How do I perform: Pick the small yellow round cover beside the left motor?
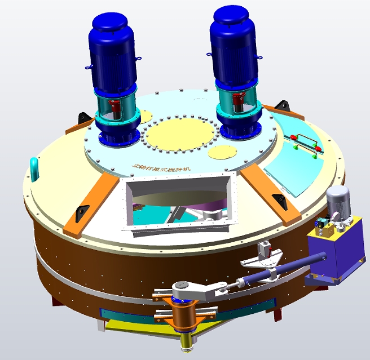(145, 116)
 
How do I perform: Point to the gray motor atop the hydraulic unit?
(338, 202)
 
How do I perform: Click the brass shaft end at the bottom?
(185, 344)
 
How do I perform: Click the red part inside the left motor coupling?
(115, 107)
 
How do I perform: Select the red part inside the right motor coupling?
(239, 101)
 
